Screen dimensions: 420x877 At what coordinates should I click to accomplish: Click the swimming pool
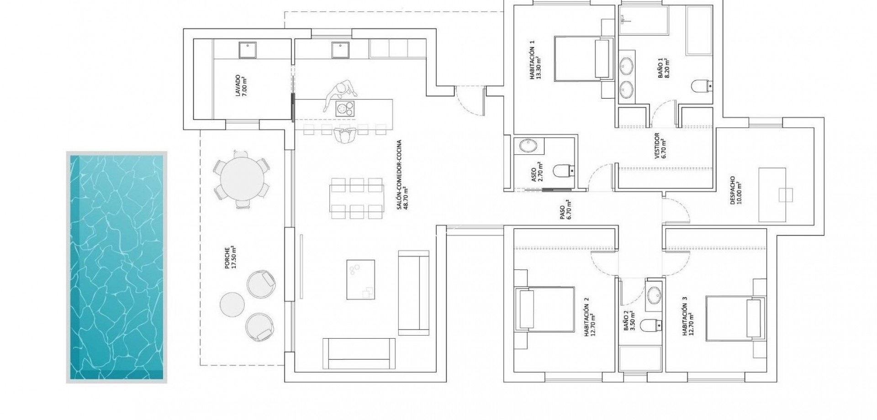[116, 267]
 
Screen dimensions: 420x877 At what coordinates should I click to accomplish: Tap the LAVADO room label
[241, 87]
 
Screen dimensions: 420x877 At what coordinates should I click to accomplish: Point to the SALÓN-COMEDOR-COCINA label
[402, 175]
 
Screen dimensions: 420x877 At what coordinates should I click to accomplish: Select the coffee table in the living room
[360, 279]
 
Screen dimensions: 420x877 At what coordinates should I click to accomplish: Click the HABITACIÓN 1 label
[535, 59]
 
